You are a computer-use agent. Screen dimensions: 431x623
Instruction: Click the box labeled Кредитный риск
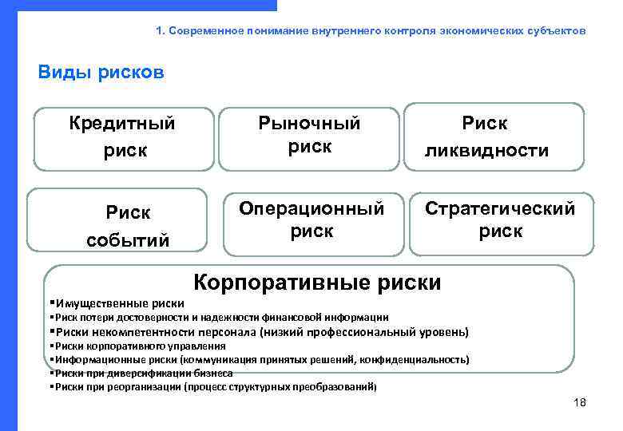[122, 137]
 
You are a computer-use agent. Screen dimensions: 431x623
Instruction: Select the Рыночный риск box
[308, 137]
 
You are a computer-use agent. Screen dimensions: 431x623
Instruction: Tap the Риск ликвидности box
[498, 137]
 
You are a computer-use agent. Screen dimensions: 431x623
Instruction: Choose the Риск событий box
[128, 226]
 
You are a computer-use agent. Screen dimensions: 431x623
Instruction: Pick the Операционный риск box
[312, 220]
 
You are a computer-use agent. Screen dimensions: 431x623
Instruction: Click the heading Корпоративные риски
[318, 283]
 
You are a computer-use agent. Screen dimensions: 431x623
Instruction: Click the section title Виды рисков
[101, 73]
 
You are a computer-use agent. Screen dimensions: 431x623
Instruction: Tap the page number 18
[580, 402]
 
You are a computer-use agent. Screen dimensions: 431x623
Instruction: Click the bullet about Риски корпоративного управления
[137, 346]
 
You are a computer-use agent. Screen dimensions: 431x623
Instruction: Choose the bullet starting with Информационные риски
[259, 360]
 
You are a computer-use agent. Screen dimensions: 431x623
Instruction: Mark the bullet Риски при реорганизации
[212, 386]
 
